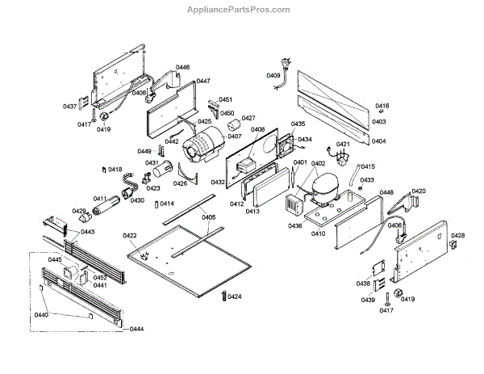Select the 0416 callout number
[382, 107]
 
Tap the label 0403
[378, 122]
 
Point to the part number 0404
[378, 141]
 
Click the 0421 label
[343, 145]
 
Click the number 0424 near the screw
[234, 297]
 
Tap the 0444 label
[136, 329]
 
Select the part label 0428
[457, 235]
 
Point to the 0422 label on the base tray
[130, 235]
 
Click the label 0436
[295, 225]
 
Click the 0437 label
[70, 107]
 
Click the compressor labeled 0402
[315, 195]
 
